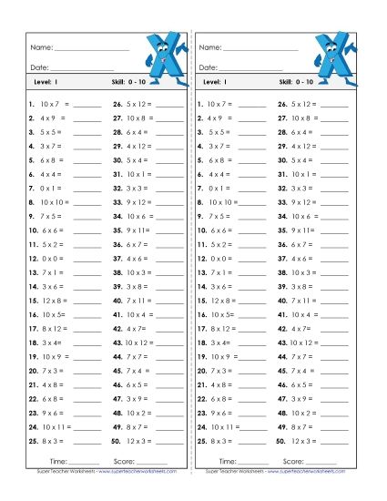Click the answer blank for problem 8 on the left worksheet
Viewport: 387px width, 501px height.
[87, 202]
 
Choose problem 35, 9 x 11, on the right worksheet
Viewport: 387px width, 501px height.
[308, 230]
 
